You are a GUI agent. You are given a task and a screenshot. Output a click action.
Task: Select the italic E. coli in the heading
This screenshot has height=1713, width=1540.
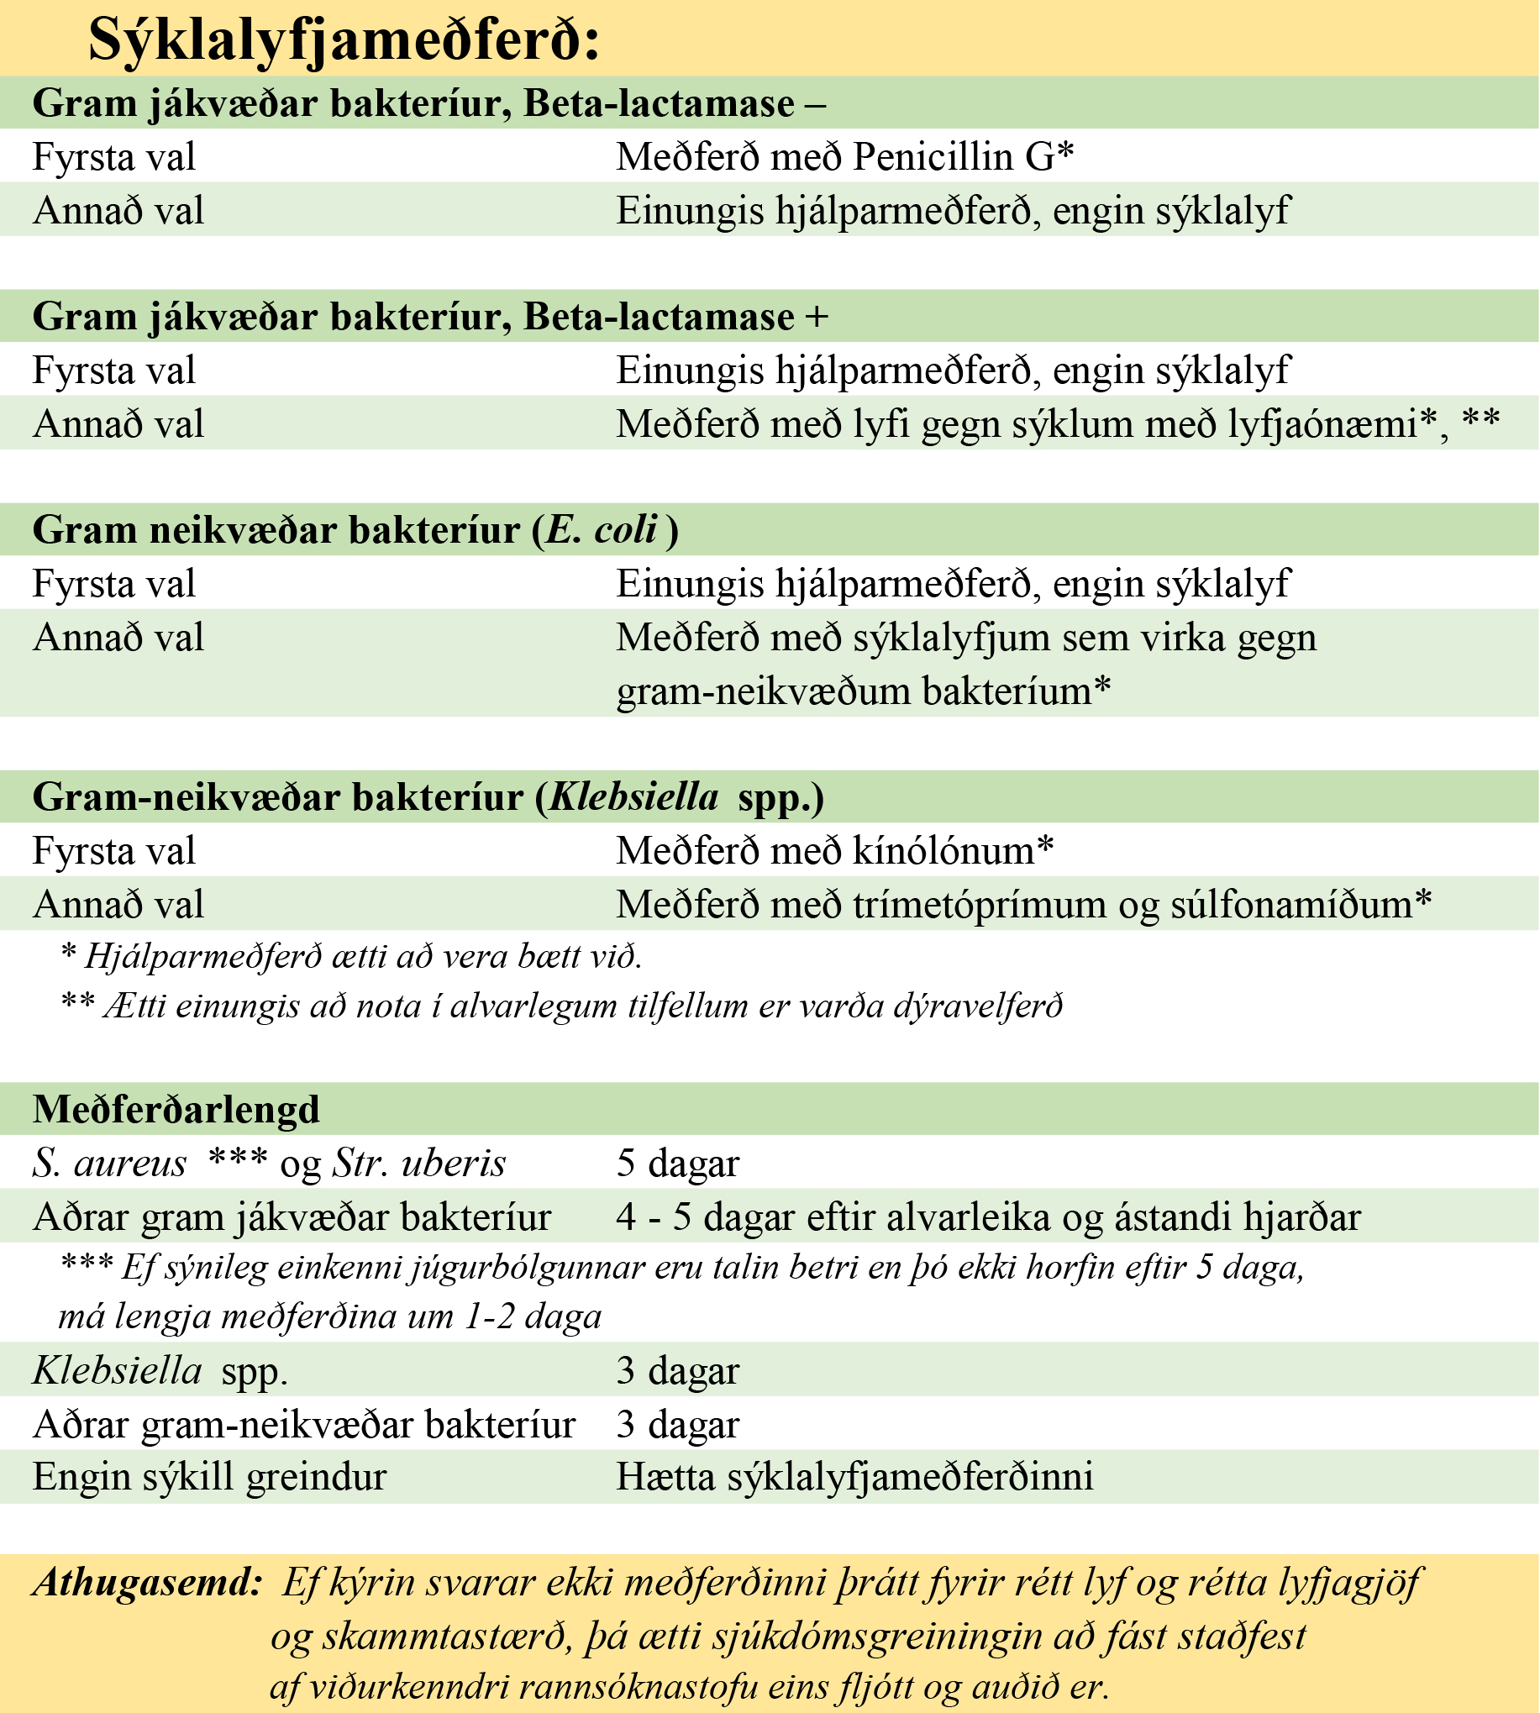point(602,530)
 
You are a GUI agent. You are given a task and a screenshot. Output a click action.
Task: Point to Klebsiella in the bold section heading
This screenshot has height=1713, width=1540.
point(633,797)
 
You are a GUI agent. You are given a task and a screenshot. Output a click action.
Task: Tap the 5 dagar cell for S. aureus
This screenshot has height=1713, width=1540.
point(678,1164)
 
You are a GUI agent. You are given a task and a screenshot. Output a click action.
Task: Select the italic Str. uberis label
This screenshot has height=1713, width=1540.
point(419,1164)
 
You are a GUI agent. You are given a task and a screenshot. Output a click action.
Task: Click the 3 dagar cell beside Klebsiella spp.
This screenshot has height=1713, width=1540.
point(678,1370)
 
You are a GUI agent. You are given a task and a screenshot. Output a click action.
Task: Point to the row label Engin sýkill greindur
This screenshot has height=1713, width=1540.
point(209,1477)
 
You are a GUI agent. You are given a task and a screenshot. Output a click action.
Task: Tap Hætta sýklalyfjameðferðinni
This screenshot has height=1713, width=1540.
point(854,1477)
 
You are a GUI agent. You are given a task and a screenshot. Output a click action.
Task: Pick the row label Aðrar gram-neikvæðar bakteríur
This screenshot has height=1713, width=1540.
point(304,1425)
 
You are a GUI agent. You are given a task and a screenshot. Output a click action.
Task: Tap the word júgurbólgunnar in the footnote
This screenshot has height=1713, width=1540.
point(478,1267)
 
